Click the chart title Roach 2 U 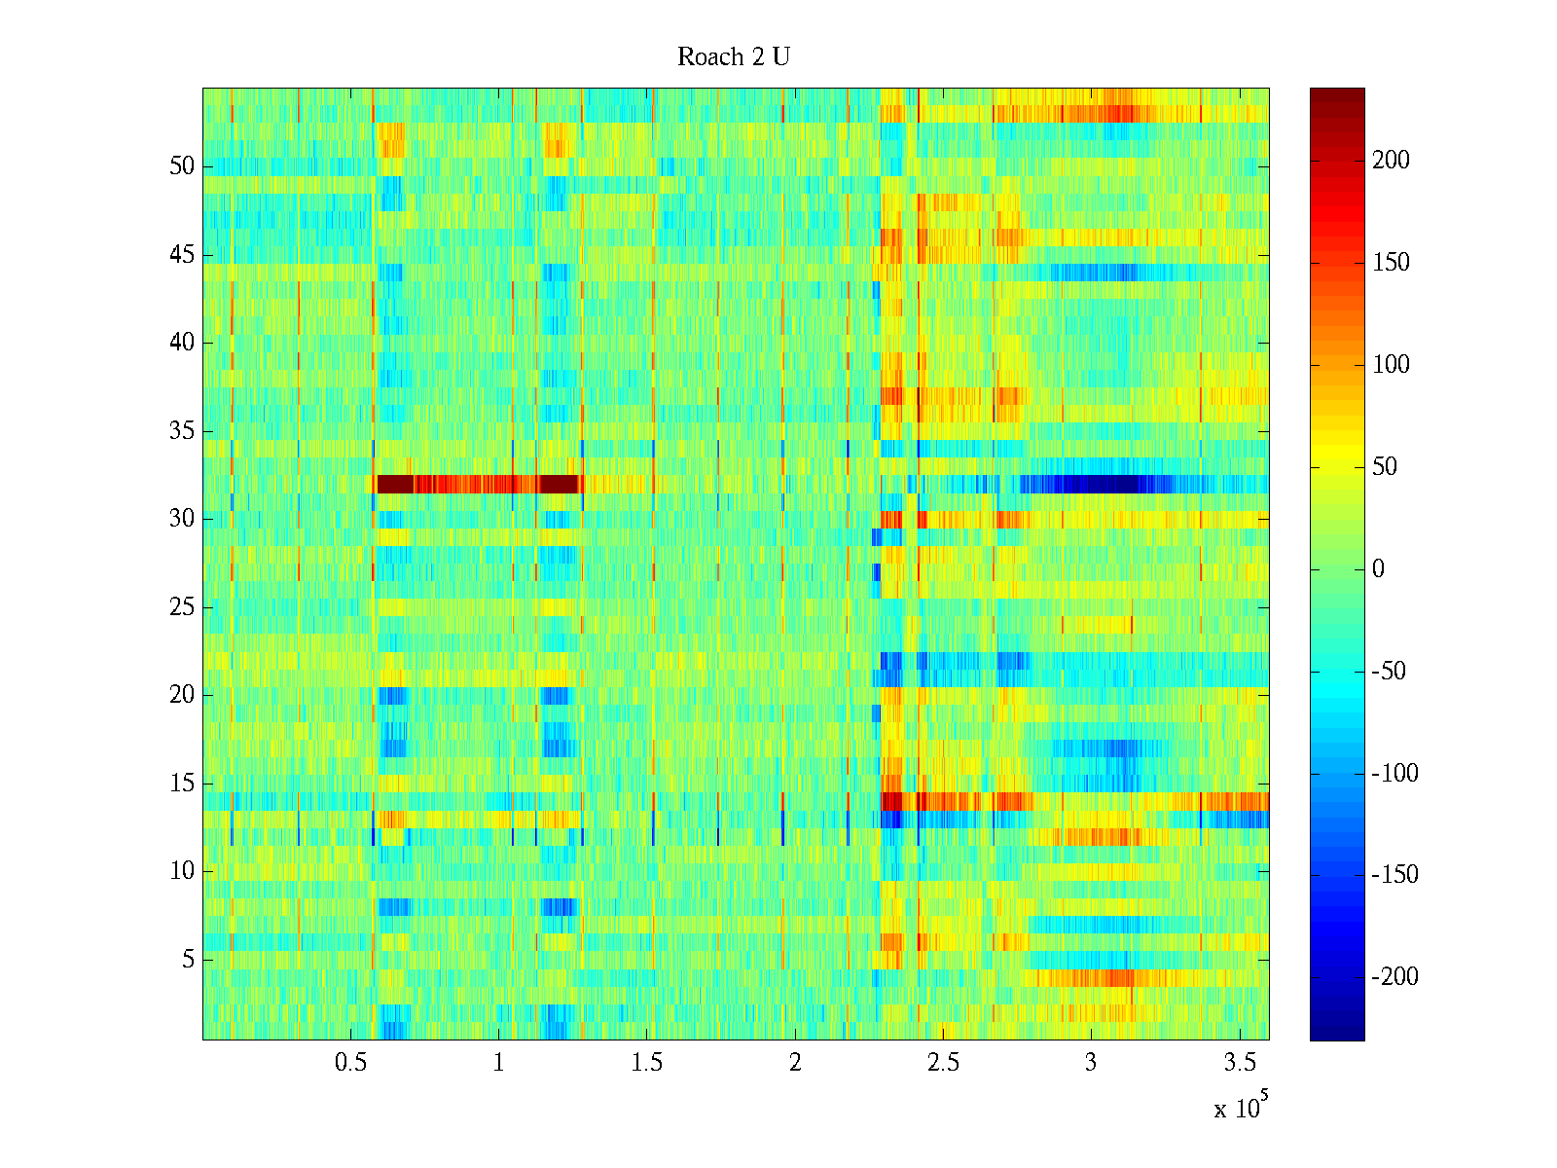(733, 57)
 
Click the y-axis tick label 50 (182, 166)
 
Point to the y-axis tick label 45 (182, 255)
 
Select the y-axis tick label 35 (182, 431)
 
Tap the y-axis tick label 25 (182, 607)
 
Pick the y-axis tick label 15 (182, 784)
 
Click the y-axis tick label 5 (188, 960)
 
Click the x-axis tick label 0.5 (350, 1063)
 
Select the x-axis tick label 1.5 (646, 1063)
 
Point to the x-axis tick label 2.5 (942, 1063)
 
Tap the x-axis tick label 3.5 (1238, 1063)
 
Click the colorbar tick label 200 (1391, 161)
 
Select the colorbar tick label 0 (1378, 569)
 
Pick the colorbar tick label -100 (1394, 774)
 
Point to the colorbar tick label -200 (1394, 977)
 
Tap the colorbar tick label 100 (1391, 365)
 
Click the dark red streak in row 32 (477, 484)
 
